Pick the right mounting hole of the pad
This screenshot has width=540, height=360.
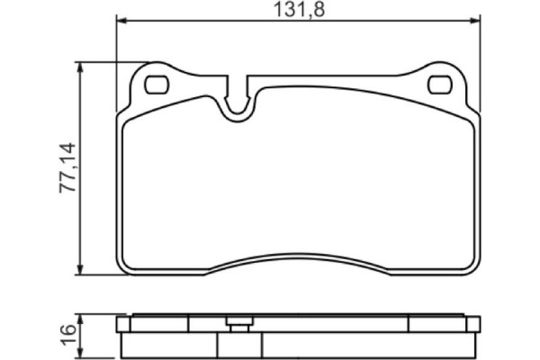click(x=440, y=85)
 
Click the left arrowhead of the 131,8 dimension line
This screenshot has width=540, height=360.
click(x=121, y=22)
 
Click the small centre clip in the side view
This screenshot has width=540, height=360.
click(x=238, y=324)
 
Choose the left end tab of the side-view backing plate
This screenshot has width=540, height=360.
click(x=123, y=324)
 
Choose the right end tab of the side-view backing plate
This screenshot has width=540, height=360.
click(x=473, y=324)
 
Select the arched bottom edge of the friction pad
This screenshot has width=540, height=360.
click(x=297, y=254)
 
